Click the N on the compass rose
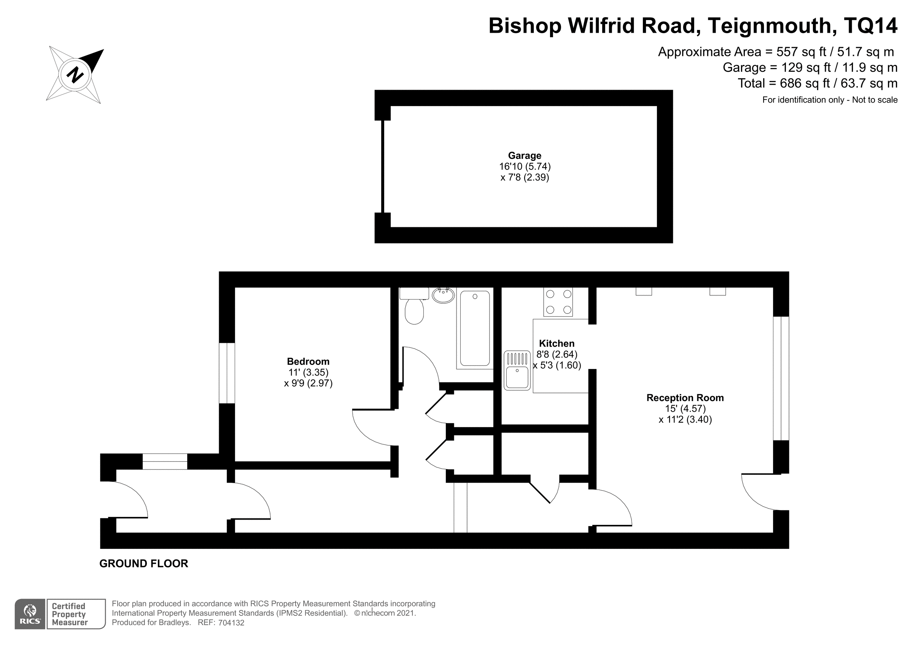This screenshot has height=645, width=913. click(75, 75)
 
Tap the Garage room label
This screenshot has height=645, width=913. click(525, 156)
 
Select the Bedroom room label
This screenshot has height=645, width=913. click(308, 361)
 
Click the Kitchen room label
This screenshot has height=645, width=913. click(557, 343)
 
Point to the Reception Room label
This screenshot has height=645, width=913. click(685, 398)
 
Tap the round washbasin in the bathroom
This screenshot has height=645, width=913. click(443, 295)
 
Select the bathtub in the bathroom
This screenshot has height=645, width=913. click(475, 328)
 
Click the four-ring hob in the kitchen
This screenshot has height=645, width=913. click(558, 302)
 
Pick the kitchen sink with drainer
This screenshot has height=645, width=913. click(517, 370)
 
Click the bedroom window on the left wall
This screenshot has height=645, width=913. click(227, 373)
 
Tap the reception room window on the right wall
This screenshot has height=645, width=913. click(781, 378)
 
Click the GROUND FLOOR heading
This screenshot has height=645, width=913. click(143, 564)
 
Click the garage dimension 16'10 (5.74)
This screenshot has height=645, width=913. click(525, 166)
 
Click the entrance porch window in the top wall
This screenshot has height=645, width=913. click(165, 461)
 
